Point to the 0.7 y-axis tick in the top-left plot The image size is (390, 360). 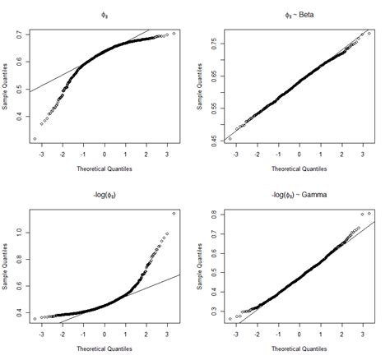click(20, 35)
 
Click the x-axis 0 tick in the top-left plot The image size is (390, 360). click(104, 154)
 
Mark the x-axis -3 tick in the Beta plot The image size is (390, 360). click(234, 154)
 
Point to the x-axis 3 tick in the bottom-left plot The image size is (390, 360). click(167, 335)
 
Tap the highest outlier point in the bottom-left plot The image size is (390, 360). click(174, 213)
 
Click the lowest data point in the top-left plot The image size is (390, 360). click(35, 139)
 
